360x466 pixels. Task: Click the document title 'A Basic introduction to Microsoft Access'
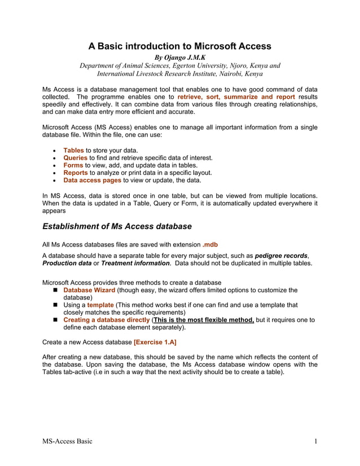[x=179, y=46]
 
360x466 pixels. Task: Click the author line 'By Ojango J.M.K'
[x=179, y=57]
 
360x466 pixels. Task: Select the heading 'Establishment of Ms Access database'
[x=117, y=226]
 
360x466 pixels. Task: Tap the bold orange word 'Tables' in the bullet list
[x=73, y=151]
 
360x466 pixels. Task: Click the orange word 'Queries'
[x=75, y=158]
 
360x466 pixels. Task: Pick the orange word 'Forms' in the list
[x=73, y=165]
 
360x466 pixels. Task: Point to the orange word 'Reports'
[x=76, y=173]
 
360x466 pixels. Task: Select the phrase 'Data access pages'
[x=92, y=181]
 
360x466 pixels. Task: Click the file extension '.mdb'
[x=210, y=244]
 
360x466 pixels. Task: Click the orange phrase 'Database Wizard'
[x=89, y=290]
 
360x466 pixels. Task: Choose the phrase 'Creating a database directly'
[x=107, y=319]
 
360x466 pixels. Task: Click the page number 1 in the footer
[x=315, y=441]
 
